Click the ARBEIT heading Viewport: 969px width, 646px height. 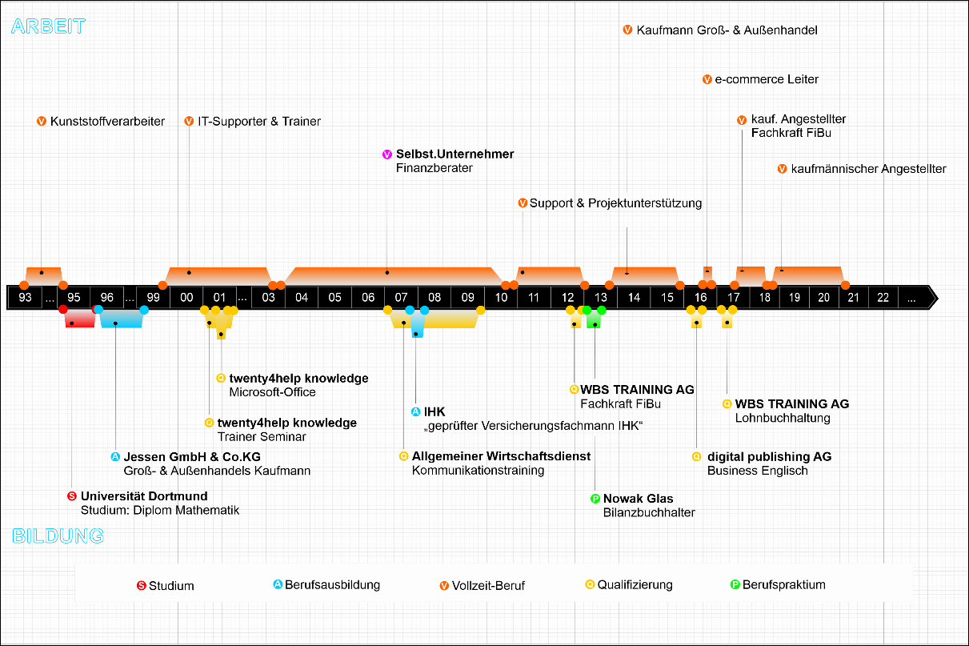48,26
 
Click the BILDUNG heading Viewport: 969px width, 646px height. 58,536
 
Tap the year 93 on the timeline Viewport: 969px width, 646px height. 25,297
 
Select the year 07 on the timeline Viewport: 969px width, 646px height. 401,297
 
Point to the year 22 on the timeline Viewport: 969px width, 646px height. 883,297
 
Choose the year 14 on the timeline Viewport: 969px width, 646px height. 634,297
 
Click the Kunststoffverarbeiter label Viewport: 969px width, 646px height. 107,121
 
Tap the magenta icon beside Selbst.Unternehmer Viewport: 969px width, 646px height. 387,154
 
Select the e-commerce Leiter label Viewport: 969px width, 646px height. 767,79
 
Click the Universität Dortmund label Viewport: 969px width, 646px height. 144,496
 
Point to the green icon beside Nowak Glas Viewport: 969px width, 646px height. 595,499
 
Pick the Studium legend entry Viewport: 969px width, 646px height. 166,585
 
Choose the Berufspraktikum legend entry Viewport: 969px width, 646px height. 778,584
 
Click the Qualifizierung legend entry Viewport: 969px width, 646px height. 629,584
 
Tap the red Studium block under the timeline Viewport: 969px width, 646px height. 79,319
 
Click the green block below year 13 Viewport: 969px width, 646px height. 594,320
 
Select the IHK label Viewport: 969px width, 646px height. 434,411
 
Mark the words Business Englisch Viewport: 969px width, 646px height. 758,471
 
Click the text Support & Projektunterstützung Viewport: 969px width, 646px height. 615,203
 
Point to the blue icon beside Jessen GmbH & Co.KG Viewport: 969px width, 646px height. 115,456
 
